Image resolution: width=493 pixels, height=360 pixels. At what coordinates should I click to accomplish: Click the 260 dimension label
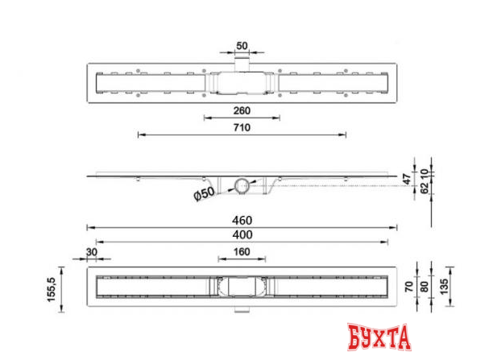(x=242, y=111)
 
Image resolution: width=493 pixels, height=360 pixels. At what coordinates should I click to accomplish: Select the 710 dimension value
(x=242, y=128)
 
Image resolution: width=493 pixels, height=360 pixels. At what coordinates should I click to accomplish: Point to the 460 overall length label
(x=242, y=219)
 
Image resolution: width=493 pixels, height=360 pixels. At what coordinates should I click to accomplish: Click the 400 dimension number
(x=242, y=234)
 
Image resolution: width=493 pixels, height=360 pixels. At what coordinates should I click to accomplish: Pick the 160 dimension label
(x=242, y=253)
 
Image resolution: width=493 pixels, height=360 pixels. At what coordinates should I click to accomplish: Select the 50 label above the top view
(x=242, y=45)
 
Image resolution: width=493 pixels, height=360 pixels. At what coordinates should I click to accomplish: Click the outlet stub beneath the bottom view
(x=242, y=309)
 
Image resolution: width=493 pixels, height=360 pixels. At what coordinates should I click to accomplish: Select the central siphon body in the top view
(x=242, y=81)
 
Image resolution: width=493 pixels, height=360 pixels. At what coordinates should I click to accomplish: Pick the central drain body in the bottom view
(x=242, y=285)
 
